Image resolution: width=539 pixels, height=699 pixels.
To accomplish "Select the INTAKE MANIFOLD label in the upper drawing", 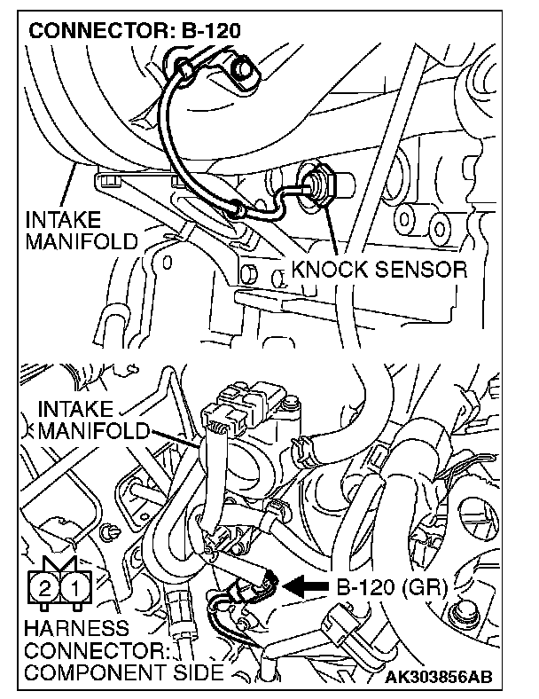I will pyautogui.click(x=82, y=230).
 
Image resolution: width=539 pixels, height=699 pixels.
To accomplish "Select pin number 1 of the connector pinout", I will pyautogui.click(x=77, y=587).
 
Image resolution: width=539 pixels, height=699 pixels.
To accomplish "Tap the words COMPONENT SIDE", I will pyautogui.click(x=124, y=672).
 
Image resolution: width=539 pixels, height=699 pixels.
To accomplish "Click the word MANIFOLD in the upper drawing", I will pyautogui.click(x=82, y=240).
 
